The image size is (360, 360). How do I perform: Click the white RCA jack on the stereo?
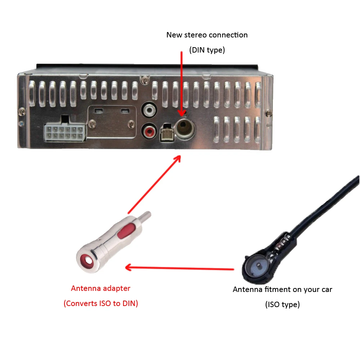[x=149, y=110]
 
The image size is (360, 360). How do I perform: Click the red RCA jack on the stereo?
[x=149, y=131]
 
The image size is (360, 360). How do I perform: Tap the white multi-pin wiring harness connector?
[x=65, y=131]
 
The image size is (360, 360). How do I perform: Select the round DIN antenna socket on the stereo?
[x=185, y=129]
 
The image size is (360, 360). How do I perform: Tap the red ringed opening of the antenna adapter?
[x=88, y=261]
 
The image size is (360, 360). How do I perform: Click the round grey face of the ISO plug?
[x=257, y=267]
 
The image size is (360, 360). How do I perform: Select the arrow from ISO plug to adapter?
[x=180, y=268]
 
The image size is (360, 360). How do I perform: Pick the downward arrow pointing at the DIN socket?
[x=181, y=84]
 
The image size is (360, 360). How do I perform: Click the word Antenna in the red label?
[x=85, y=288]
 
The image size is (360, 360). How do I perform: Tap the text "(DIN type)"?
[x=207, y=50]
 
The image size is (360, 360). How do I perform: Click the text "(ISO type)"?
[x=282, y=304]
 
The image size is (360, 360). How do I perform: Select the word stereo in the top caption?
[x=195, y=35]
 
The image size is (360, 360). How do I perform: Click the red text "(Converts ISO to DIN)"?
[x=101, y=303]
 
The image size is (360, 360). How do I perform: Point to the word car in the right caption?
[x=327, y=290]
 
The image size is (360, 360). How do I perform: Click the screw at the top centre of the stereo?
[x=145, y=80]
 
